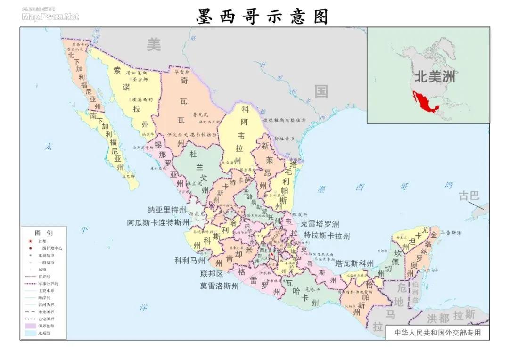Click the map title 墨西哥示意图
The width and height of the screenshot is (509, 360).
click(262, 16)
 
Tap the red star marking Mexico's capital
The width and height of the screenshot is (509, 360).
click(271, 254)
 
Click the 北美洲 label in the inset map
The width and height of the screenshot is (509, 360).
click(435, 76)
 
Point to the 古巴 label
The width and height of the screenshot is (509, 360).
click(469, 196)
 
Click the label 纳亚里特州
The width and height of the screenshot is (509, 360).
click(167, 210)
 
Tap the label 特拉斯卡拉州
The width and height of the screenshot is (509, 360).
click(327, 236)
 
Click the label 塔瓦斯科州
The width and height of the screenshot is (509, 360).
click(354, 263)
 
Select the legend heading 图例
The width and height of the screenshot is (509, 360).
click(43, 233)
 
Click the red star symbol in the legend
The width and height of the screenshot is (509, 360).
click(30, 241)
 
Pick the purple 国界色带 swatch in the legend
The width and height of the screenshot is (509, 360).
click(30, 326)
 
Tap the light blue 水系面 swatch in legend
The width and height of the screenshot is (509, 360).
click(30, 333)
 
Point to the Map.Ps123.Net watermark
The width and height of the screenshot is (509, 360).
click(50, 17)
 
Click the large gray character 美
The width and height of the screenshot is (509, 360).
click(154, 44)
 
